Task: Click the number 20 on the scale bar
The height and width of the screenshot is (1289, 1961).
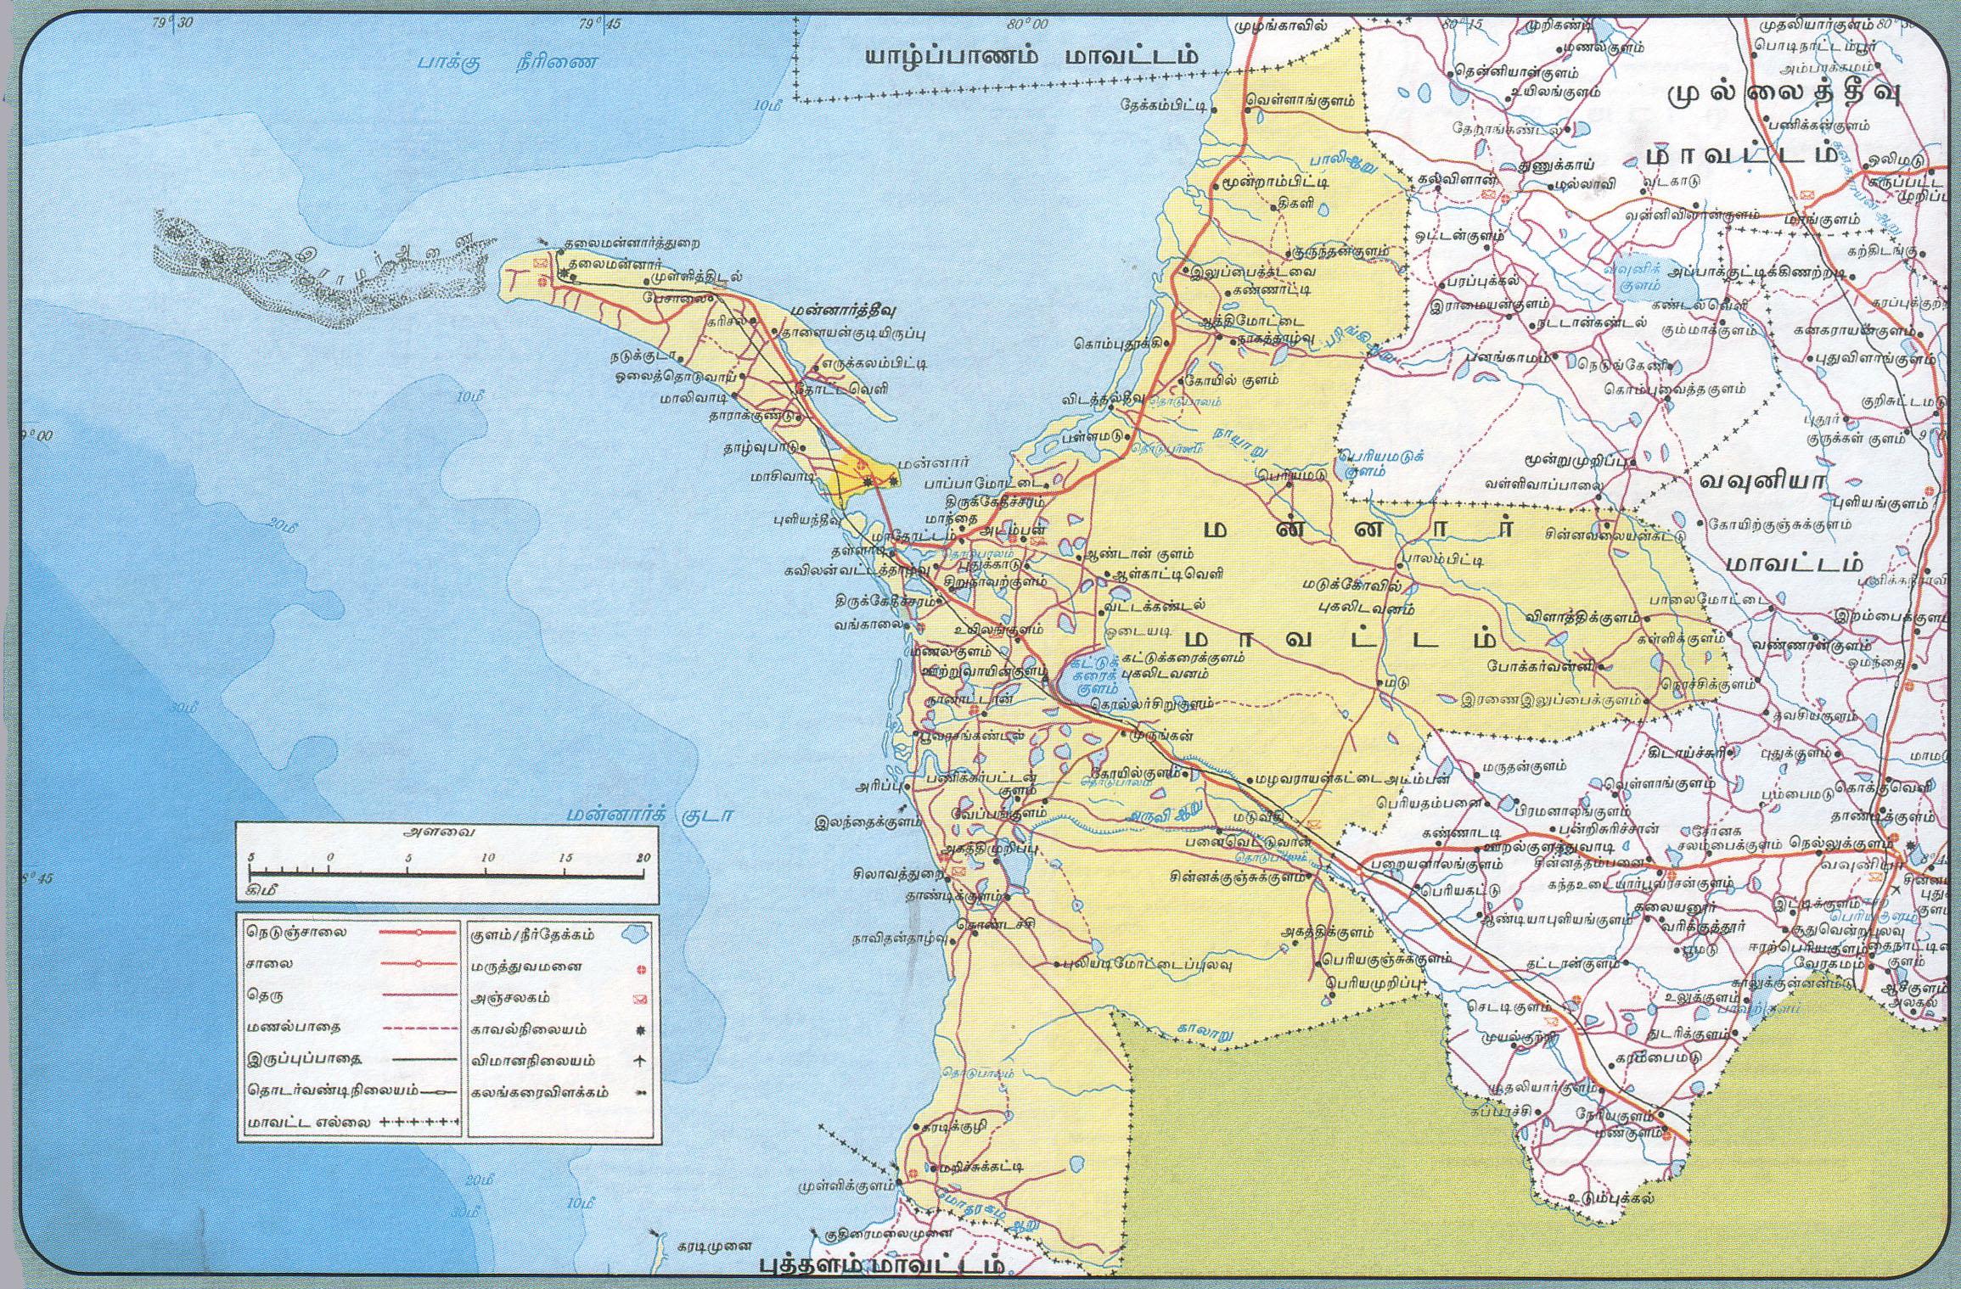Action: [x=643, y=857]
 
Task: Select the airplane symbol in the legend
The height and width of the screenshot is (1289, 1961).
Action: [x=638, y=1061]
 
